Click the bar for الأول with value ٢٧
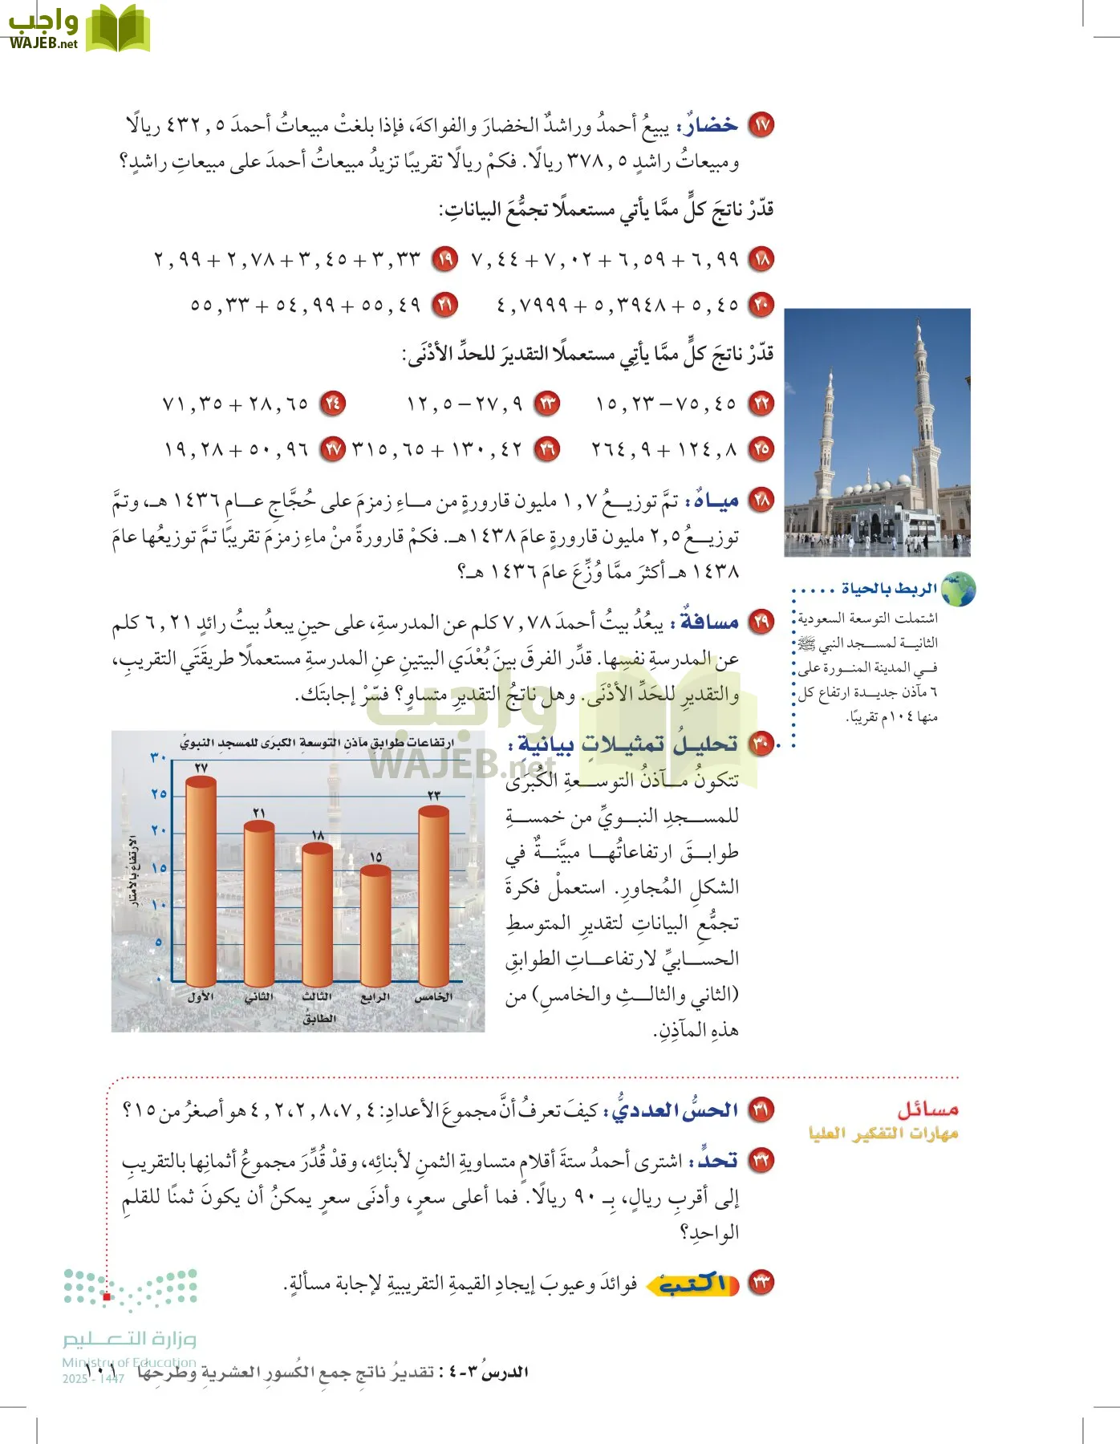[201, 882]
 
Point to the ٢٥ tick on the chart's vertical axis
[159, 794]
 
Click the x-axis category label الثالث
[317, 996]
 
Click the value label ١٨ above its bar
[318, 836]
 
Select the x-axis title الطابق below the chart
[319, 1018]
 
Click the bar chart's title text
[316, 743]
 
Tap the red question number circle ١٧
[761, 125]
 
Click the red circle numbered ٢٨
[761, 501]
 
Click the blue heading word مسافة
[710, 622]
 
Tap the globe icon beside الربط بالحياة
[958, 590]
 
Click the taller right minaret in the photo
[923, 409]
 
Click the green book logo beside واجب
[118, 28]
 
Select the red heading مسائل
[927, 1109]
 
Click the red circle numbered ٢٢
[761, 403]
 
